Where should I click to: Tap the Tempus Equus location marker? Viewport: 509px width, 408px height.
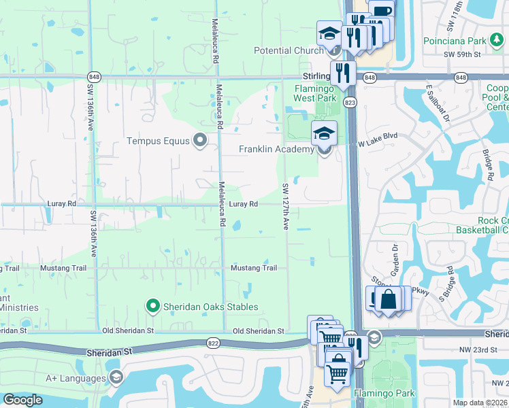(x=199, y=141)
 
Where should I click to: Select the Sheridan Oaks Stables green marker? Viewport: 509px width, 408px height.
(x=153, y=307)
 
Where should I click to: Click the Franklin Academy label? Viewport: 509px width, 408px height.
(x=276, y=150)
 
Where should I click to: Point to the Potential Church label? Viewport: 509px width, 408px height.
(x=289, y=50)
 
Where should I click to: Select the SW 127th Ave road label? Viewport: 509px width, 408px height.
(x=286, y=205)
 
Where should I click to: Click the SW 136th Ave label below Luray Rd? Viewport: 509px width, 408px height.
(x=92, y=232)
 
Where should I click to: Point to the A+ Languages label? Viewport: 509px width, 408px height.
(x=76, y=378)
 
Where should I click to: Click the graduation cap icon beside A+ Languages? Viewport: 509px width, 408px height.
(x=116, y=377)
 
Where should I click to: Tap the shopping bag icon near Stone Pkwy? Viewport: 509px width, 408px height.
(x=387, y=299)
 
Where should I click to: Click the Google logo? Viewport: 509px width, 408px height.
(x=22, y=400)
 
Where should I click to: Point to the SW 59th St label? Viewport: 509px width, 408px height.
(x=462, y=53)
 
